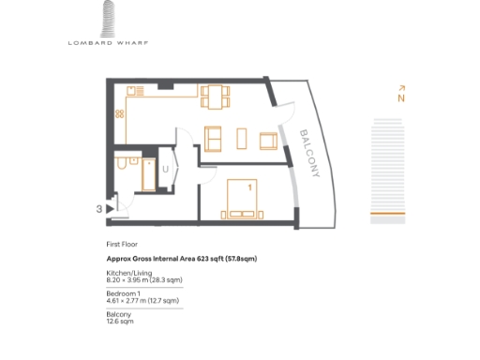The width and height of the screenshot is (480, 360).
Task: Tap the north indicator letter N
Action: pos(400,97)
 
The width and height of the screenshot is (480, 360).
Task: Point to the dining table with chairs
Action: pos(214,96)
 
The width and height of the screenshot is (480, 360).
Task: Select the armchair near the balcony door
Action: pos(268,141)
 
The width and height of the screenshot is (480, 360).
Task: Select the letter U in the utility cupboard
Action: pos(165,170)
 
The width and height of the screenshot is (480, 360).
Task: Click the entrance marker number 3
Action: pos(98,209)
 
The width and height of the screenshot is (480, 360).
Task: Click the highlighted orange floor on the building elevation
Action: pos(387,214)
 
